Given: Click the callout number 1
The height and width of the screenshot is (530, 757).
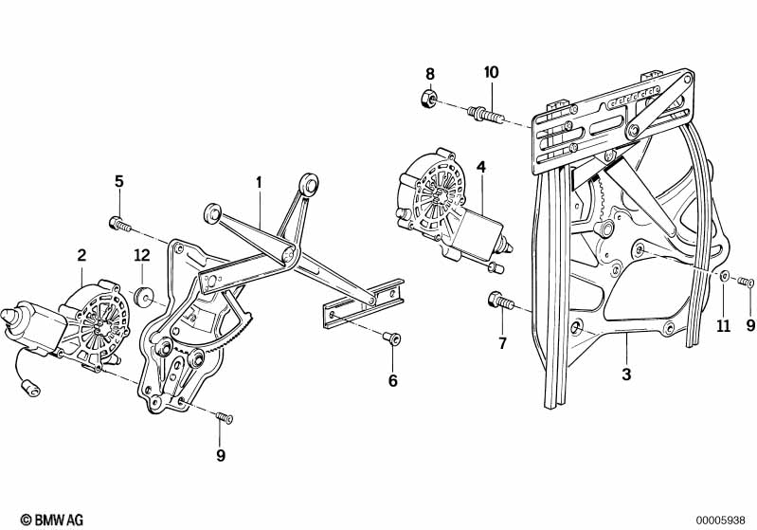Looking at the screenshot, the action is point(259,183).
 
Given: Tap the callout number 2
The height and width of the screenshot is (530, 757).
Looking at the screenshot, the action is point(81,255).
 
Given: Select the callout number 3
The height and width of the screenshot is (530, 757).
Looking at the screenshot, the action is point(626,374).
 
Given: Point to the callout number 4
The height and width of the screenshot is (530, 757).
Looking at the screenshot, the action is point(481,167).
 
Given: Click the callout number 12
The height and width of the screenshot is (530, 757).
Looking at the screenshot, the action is point(142,255).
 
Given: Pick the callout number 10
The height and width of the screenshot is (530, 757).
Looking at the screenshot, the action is point(492,72).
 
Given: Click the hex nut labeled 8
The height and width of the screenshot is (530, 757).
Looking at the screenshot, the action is point(427,99).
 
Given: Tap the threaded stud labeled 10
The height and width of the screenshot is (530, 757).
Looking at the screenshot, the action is point(485,116).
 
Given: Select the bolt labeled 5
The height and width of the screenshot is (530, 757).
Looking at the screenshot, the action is point(119,224).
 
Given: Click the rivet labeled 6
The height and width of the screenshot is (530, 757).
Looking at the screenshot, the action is point(391,338).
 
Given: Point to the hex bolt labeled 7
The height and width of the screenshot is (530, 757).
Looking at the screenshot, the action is point(500,301).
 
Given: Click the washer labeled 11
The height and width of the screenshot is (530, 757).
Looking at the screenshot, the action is point(726,276).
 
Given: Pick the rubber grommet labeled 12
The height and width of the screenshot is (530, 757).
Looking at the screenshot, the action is point(143,297).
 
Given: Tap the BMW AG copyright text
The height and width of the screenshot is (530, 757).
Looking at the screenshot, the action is point(52,520).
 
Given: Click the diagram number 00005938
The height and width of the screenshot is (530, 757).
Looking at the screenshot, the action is point(720,521).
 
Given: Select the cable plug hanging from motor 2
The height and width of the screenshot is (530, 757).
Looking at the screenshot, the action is point(31,388).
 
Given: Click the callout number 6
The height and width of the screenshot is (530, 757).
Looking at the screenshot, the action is point(393,381).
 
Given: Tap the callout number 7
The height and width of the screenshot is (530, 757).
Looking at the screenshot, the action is point(502,343).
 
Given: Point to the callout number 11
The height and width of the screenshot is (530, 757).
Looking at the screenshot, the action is point(723,326).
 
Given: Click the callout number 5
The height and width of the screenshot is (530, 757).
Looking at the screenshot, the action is point(118,182).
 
